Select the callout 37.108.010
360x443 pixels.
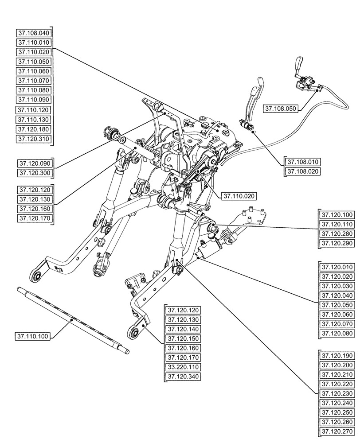[303, 162]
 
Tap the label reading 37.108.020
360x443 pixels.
[303, 171]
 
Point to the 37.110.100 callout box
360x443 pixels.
[33, 337]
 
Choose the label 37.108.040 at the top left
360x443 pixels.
[34, 33]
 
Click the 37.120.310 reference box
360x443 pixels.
[34, 139]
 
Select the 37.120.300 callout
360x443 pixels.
[34, 172]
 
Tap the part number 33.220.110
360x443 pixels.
[183, 367]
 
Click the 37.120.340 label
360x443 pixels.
[183, 377]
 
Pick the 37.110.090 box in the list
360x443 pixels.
[34, 100]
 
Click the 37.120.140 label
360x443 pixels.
[183, 329]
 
